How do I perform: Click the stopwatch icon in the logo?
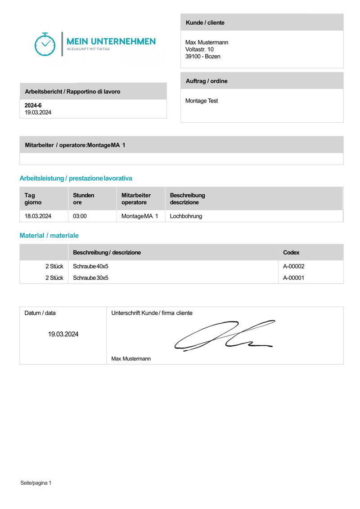45,44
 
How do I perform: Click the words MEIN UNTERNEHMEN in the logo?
111,41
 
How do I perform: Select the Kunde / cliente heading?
205,22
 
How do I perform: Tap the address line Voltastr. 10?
199,49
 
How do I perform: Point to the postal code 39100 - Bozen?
202,57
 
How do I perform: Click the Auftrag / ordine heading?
207,81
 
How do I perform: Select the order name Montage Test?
202,101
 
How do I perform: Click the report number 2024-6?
33,105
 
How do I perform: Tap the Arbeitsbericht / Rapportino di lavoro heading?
72,92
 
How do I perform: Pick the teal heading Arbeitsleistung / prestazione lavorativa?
76,179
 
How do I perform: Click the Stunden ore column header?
83,199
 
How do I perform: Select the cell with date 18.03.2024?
38,216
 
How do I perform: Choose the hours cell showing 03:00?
80,216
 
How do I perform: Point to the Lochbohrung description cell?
186,216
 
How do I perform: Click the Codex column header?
291,253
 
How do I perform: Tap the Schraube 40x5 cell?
90,266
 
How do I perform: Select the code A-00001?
294,278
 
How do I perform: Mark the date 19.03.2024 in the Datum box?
63,334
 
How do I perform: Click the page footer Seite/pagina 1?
36,483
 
